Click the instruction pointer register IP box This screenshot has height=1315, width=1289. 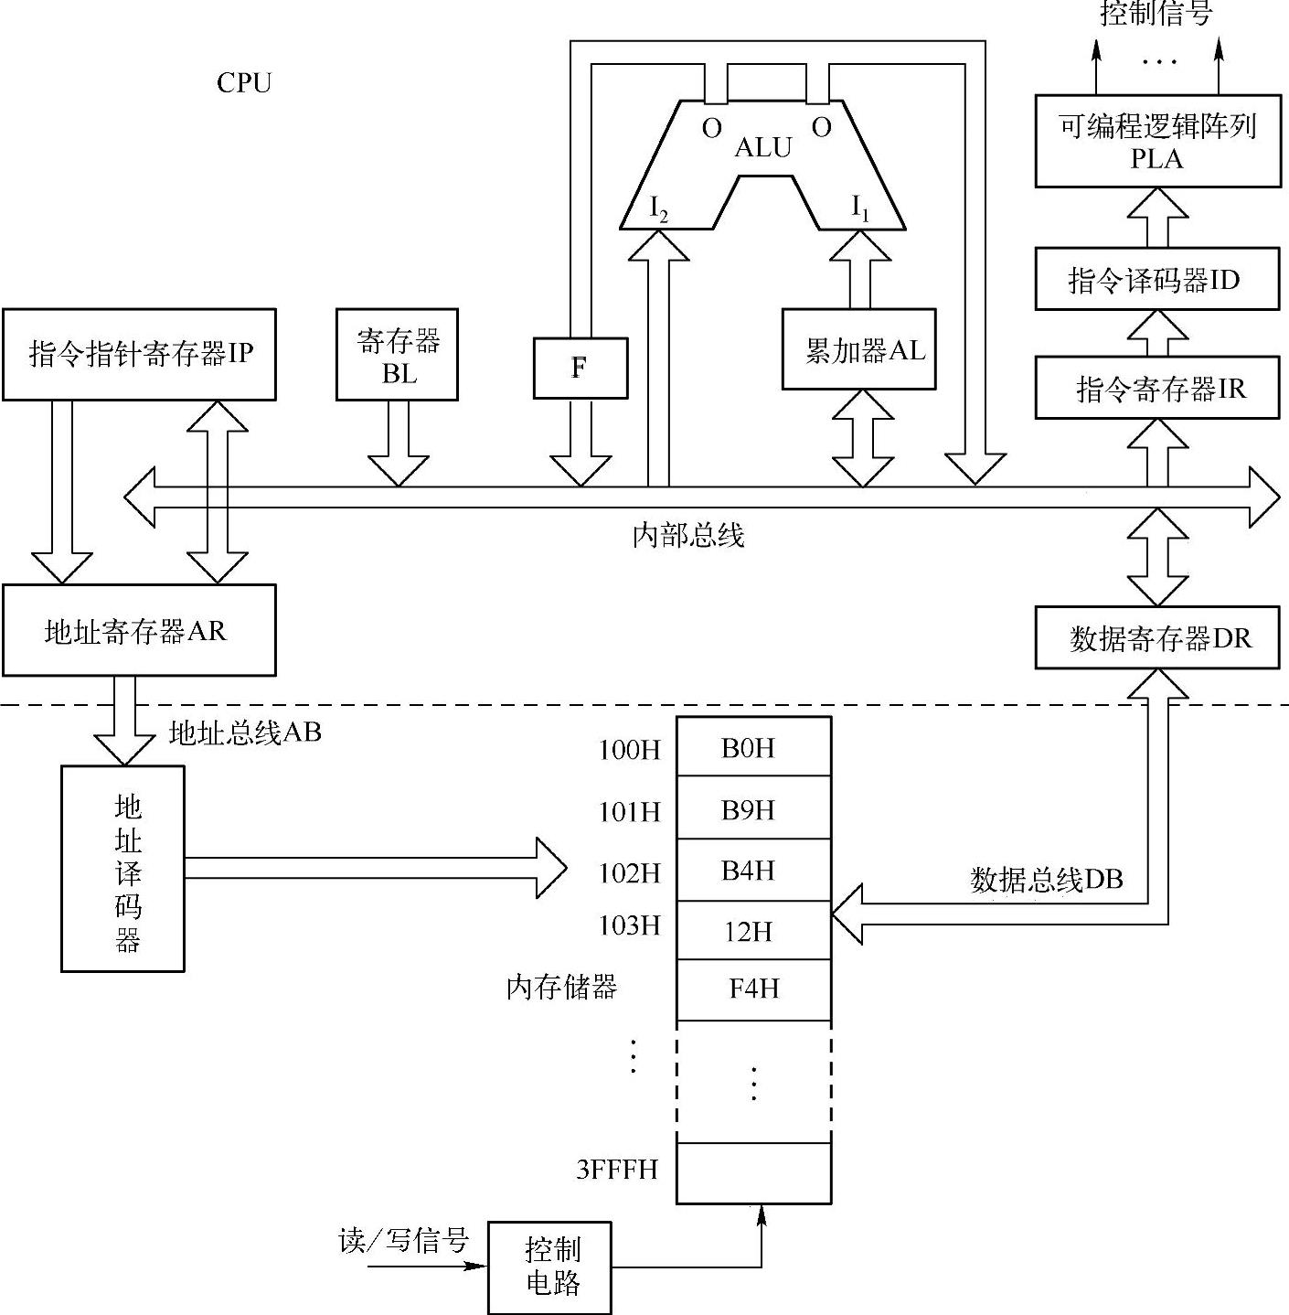click(139, 354)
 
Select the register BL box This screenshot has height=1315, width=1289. click(397, 355)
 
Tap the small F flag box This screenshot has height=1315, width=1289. click(580, 368)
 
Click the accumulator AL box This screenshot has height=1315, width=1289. click(859, 349)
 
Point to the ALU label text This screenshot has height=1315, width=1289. click(763, 147)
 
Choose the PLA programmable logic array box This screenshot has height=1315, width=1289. click(1157, 142)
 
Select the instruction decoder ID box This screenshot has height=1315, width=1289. click(1156, 279)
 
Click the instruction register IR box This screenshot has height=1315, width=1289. click(1156, 388)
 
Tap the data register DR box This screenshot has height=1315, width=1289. click(1157, 637)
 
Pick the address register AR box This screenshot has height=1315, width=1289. click(139, 630)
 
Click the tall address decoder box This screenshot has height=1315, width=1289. click(123, 868)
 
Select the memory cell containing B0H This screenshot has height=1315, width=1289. click(753, 748)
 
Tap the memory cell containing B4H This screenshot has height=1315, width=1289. click(753, 870)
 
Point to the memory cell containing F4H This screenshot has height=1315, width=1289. click(753, 989)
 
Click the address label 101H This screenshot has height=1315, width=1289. click(629, 812)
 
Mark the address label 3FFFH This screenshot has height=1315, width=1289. click(617, 1170)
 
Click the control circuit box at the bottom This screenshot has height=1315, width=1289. click(550, 1267)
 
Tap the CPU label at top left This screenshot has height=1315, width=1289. click(244, 83)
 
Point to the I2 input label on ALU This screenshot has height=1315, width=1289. click(658, 208)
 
